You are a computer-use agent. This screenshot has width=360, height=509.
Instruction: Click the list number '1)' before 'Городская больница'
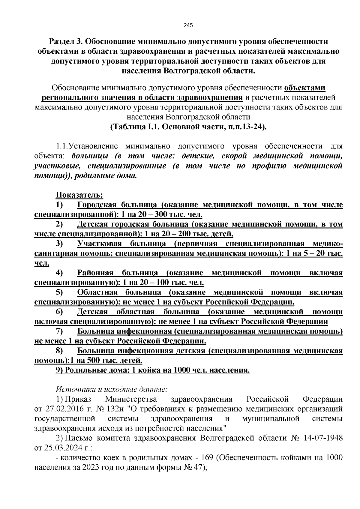pos(59,205)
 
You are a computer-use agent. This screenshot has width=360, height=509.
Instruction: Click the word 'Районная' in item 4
pos(95,273)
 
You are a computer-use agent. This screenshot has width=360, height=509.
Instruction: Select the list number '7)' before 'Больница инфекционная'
pos(59,331)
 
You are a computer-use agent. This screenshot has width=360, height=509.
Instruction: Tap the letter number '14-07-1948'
pos(322,438)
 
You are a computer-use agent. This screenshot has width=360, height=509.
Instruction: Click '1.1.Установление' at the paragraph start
pos(87,146)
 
